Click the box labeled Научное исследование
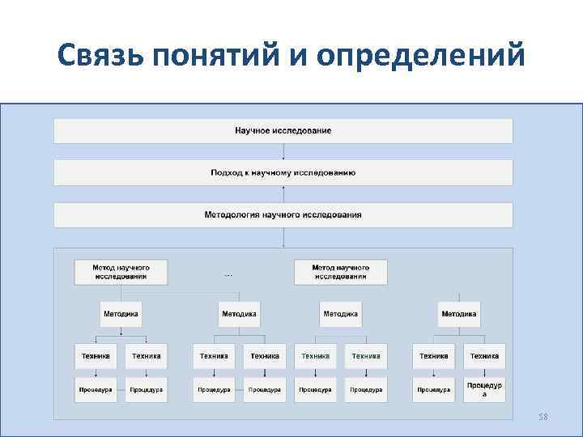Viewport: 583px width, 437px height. point(283,130)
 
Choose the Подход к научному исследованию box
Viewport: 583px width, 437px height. point(283,172)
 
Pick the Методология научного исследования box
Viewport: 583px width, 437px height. point(283,214)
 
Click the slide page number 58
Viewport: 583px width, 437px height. point(543,417)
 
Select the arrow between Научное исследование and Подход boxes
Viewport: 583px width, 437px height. point(283,151)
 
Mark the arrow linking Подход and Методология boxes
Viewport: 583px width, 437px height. point(283,193)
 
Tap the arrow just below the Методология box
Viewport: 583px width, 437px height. point(283,237)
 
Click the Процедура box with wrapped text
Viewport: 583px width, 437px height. point(484,389)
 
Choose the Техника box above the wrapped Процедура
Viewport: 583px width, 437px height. point(484,355)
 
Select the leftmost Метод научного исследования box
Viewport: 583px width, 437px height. point(121,271)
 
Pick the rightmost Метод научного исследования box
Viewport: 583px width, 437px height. point(341,271)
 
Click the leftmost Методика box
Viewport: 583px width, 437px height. point(121,313)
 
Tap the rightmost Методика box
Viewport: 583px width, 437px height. point(458,313)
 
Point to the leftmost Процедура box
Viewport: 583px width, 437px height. point(96,389)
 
